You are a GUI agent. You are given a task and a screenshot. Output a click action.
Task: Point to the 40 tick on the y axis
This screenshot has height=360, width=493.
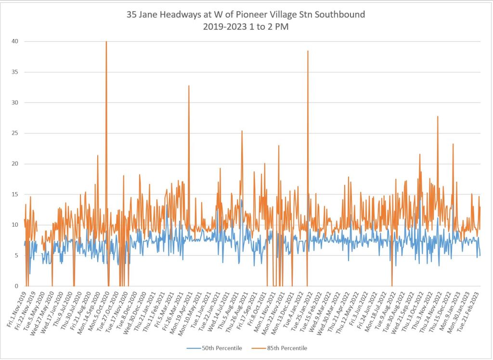(x=16, y=41)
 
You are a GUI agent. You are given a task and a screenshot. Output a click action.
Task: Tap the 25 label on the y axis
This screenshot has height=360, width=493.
(x=16, y=133)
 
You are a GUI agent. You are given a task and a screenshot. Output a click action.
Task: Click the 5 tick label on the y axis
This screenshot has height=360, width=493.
(x=17, y=256)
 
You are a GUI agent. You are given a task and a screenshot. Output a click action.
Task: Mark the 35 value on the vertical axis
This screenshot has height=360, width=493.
(x=16, y=72)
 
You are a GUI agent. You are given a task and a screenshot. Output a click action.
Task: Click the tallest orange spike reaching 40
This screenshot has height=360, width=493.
(x=106, y=42)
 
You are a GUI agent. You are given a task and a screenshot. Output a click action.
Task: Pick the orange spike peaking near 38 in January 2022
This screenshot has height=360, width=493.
(x=308, y=51)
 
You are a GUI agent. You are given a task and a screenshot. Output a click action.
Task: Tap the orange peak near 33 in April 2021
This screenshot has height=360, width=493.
(x=189, y=86)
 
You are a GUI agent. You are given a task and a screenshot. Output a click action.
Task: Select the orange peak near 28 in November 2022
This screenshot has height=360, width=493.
(x=438, y=117)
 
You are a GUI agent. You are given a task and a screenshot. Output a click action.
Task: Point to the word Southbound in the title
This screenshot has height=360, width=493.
(x=339, y=14)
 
